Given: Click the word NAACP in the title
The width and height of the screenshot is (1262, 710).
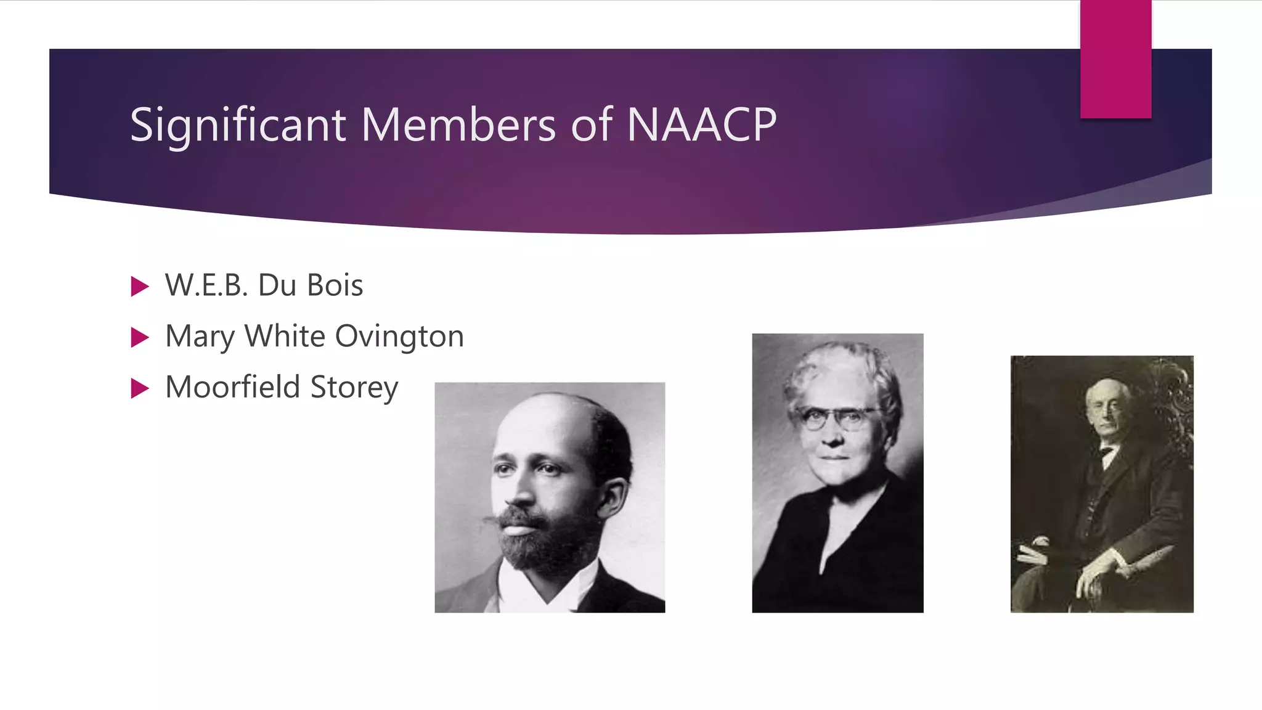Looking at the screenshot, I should tap(702, 125).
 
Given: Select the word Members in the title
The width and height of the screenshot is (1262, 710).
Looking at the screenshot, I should tap(458, 125).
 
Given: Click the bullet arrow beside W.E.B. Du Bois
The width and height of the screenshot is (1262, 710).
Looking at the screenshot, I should tap(140, 287).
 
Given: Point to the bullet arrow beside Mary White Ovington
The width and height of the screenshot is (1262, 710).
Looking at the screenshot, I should tap(140, 337).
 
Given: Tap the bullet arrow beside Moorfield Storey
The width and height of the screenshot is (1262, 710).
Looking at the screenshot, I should tap(140, 388).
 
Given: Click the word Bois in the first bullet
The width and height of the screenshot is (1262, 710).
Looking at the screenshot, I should tap(335, 285).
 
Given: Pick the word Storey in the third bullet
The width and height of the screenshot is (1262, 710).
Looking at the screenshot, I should tap(354, 388).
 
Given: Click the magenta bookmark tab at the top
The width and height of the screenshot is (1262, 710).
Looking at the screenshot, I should tap(1115, 59).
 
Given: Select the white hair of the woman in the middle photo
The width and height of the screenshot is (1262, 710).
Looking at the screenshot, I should tap(838, 370).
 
